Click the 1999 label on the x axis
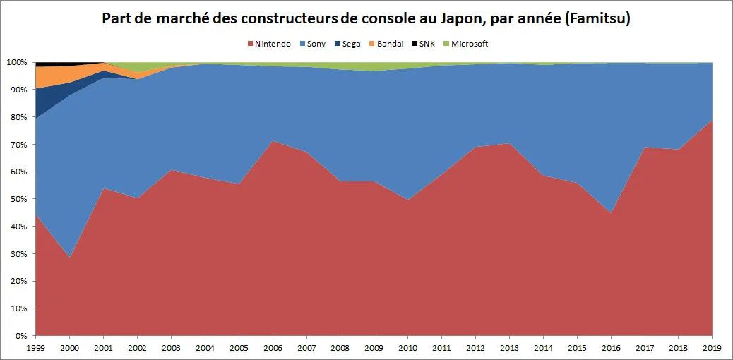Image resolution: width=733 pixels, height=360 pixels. click(35, 348)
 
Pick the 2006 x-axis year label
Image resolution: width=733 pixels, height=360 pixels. click(273, 348)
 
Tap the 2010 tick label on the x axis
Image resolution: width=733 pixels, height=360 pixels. click(407, 348)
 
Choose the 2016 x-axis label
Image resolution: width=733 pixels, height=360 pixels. click(611, 348)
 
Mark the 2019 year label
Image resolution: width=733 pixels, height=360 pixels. click(712, 348)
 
